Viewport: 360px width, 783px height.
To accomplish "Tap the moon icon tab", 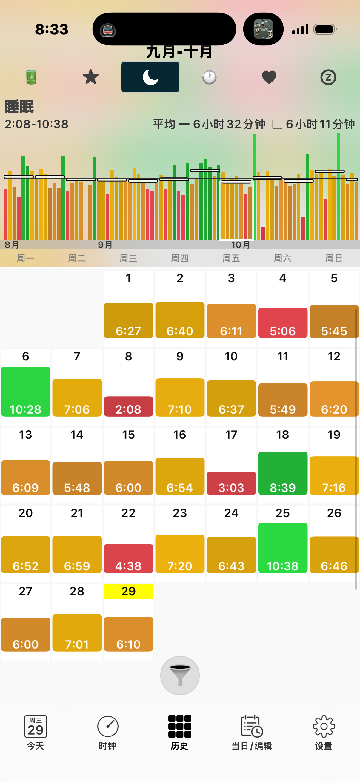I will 150,77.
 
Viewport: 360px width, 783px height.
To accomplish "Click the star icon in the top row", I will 90,77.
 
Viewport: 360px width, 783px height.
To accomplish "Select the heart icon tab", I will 269,77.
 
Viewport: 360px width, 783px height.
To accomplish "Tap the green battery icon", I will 31,77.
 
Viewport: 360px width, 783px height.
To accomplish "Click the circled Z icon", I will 328,77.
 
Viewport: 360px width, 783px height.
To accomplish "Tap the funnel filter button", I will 180,675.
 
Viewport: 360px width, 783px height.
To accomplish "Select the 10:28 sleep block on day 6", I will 25,391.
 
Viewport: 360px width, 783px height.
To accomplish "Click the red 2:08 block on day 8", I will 128,406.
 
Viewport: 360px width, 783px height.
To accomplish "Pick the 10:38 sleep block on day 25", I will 282,548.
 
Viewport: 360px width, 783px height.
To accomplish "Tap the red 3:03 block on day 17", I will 231,483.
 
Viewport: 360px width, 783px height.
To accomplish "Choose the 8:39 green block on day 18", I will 282,473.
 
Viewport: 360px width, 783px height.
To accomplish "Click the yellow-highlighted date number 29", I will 128,591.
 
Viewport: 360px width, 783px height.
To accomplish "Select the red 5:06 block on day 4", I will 282,323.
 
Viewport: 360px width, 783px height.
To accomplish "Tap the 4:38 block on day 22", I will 128,558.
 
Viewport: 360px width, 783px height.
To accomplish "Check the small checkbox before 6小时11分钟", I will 277,124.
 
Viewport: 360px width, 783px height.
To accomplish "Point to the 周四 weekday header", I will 180,258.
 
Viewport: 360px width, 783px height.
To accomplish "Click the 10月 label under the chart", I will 240,245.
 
